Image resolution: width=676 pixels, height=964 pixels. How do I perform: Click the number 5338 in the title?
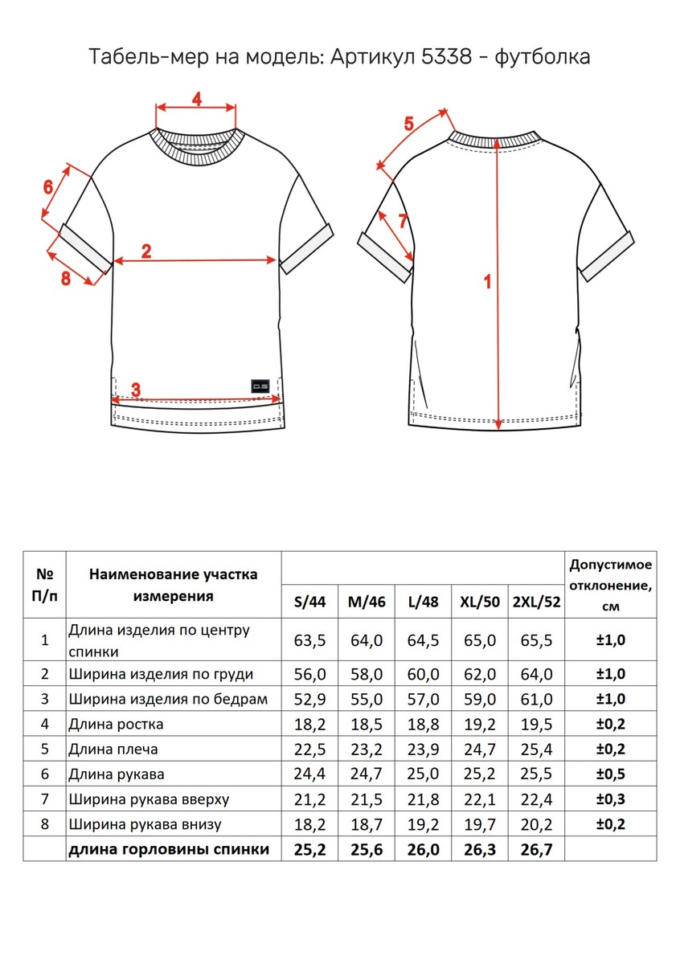pyautogui.click(x=446, y=57)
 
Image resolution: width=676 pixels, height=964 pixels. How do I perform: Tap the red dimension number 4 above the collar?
pyautogui.click(x=196, y=98)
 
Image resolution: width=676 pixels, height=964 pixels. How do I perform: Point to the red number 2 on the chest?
pyautogui.click(x=146, y=251)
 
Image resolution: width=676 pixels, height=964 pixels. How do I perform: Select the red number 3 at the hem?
pyautogui.click(x=136, y=390)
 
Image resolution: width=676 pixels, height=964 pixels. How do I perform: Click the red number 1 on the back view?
pyautogui.click(x=486, y=282)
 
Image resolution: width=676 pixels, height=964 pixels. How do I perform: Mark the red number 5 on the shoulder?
pyautogui.click(x=408, y=124)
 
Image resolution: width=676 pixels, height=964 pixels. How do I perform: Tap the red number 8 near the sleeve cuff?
pyautogui.click(x=66, y=278)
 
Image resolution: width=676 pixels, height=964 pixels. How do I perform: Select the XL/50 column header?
pyautogui.click(x=480, y=602)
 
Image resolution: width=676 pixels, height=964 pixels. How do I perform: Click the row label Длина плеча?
pyautogui.click(x=113, y=750)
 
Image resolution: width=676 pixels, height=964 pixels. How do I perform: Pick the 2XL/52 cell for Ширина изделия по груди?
pyautogui.click(x=537, y=674)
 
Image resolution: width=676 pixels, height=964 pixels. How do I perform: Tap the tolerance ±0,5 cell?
pyautogui.click(x=610, y=774)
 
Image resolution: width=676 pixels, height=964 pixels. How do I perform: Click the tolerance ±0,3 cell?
pyautogui.click(x=610, y=799)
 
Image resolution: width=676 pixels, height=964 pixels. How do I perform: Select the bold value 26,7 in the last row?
pyautogui.click(x=537, y=849)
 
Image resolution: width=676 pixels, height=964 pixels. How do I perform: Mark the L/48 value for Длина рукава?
pyautogui.click(x=423, y=774)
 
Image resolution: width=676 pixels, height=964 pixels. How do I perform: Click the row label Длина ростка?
pyautogui.click(x=117, y=725)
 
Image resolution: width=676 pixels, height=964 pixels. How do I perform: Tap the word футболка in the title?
pyautogui.click(x=543, y=57)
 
